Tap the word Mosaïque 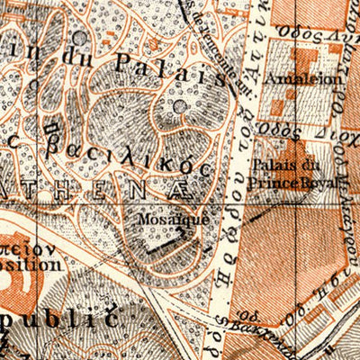pyautogui.click(x=163, y=219)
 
